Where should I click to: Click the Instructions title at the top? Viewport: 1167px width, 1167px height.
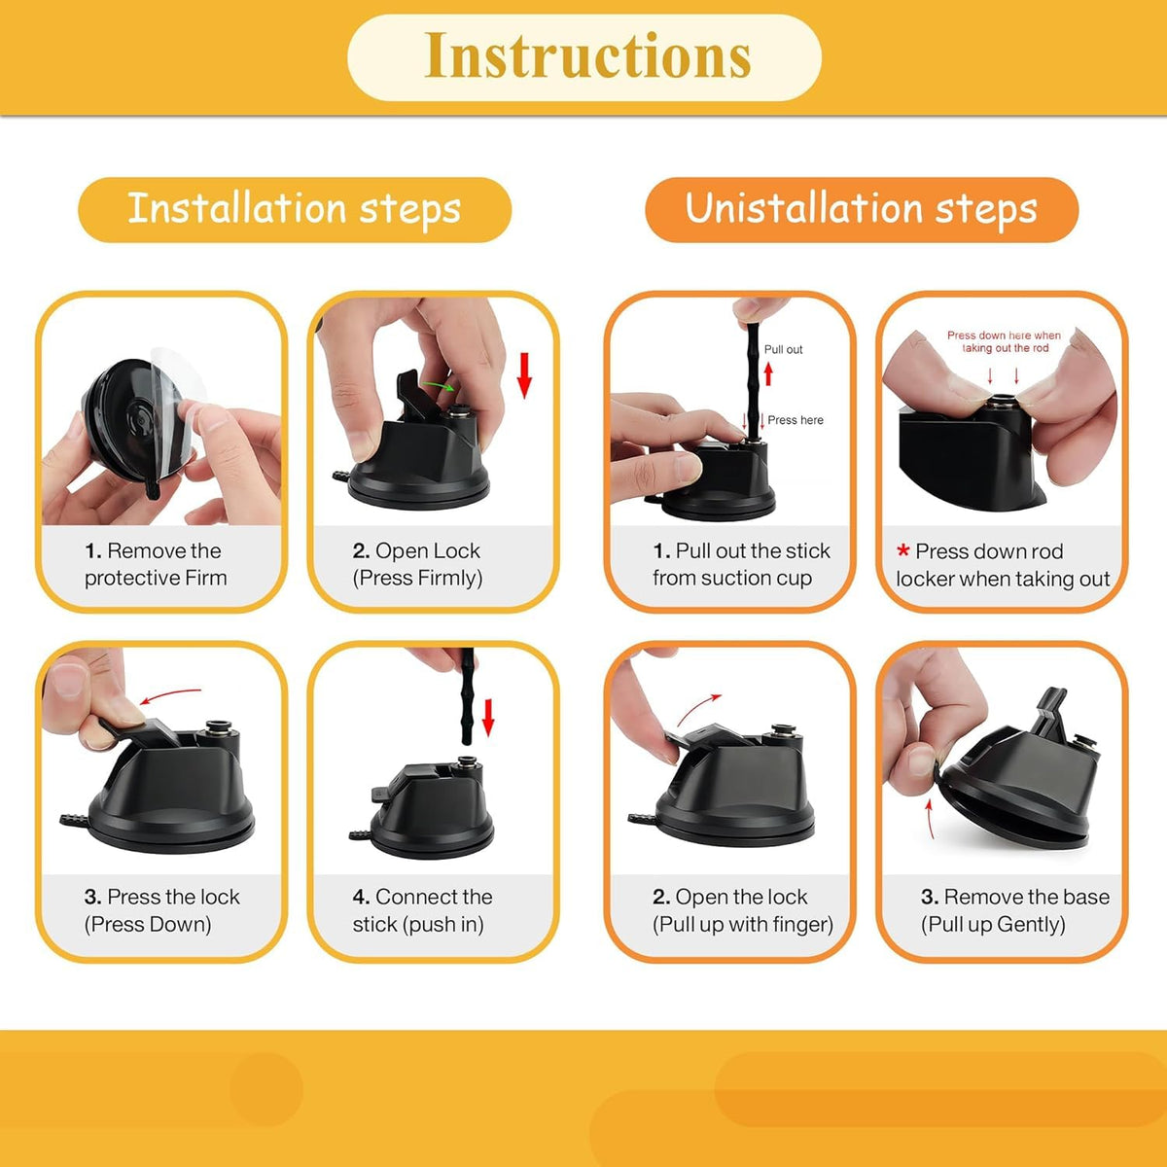[587, 55]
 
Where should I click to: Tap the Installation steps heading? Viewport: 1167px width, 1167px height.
[295, 209]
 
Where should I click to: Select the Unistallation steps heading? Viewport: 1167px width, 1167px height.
[861, 209]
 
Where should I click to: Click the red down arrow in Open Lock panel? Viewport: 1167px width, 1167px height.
[524, 374]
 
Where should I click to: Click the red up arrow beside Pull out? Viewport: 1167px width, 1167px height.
[768, 373]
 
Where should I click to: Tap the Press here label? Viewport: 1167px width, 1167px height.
[796, 420]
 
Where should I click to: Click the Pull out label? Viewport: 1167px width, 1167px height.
[783, 349]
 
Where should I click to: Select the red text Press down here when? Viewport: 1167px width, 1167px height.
[1004, 335]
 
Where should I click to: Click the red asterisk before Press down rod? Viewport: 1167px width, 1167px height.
[902, 549]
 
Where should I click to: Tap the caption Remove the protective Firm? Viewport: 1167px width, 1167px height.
[156, 564]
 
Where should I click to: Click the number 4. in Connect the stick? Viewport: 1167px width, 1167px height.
[361, 897]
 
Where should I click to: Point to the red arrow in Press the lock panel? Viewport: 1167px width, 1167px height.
[171, 695]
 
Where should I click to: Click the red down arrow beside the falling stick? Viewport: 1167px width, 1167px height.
[488, 718]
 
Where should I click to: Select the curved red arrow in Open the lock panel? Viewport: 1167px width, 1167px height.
[698, 709]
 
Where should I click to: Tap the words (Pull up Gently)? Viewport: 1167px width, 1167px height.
[993, 925]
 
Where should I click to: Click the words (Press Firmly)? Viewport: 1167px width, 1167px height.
[417, 579]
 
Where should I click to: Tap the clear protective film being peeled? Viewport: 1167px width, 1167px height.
[172, 388]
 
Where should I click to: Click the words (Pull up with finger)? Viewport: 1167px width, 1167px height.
[743, 925]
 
